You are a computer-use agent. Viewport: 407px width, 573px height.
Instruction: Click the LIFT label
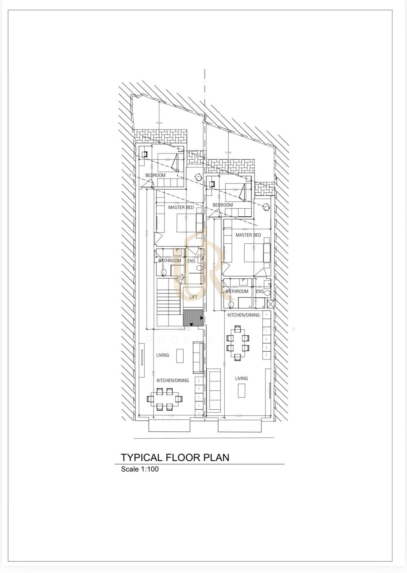tap(193, 297)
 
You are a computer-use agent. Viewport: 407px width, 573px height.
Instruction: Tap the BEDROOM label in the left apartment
tap(155, 175)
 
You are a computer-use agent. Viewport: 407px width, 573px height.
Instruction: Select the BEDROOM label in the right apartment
tap(222, 205)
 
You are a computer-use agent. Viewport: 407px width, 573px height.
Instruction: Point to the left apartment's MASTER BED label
tap(181, 207)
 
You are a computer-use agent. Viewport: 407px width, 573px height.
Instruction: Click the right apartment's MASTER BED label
tap(248, 235)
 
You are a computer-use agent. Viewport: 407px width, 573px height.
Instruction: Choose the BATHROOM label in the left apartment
tap(170, 261)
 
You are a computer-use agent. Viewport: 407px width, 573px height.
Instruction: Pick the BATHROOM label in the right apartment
tap(237, 291)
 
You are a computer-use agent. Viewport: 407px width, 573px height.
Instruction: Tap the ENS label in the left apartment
tap(191, 261)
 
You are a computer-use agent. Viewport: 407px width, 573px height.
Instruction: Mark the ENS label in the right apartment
tap(260, 291)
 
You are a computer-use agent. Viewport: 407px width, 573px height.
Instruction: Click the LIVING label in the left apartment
tap(163, 355)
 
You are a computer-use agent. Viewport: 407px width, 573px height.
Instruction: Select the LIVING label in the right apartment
tap(241, 378)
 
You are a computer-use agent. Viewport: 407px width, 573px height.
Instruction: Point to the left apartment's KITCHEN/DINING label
tap(172, 380)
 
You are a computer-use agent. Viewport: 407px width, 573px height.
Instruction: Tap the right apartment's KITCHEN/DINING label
tap(243, 315)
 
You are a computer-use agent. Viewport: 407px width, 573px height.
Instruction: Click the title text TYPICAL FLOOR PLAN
tap(175, 458)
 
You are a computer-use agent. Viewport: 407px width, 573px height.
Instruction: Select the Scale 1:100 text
tap(140, 469)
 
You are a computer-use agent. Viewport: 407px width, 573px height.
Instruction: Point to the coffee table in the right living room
tap(242, 391)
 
